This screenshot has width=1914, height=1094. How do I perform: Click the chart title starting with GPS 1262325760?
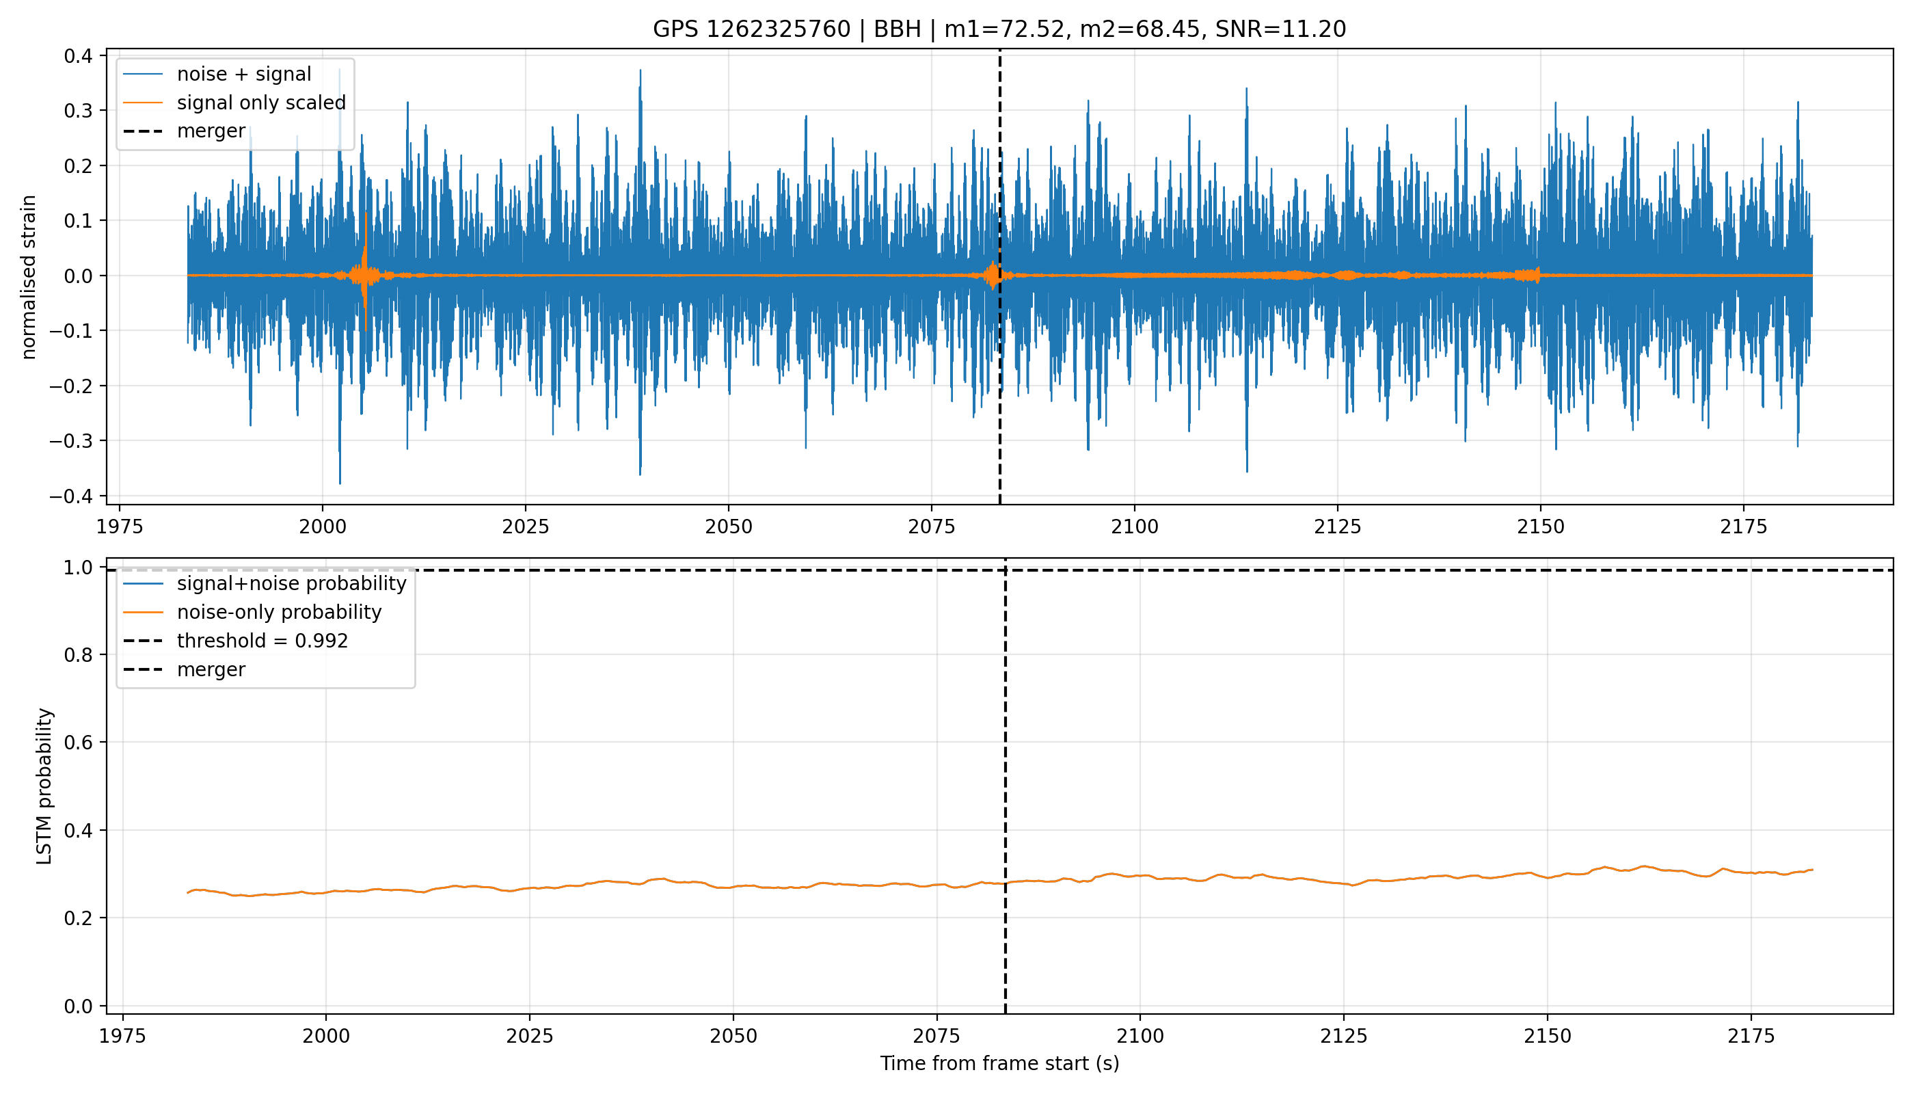[999, 29]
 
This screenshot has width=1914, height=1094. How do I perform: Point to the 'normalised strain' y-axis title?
[29, 277]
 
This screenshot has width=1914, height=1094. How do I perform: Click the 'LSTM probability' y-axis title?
[44, 786]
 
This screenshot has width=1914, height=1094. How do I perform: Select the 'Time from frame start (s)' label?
[1000, 1064]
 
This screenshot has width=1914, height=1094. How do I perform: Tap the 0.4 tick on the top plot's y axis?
[78, 55]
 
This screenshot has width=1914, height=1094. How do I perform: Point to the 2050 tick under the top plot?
[729, 526]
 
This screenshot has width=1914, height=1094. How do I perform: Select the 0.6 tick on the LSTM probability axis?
[79, 743]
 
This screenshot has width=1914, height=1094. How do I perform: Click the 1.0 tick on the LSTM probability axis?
[79, 568]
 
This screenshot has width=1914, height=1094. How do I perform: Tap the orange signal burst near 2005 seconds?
[365, 272]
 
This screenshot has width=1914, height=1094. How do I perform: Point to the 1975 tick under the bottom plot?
[123, 1036]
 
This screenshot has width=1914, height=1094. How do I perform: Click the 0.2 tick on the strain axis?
[78, 165]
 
